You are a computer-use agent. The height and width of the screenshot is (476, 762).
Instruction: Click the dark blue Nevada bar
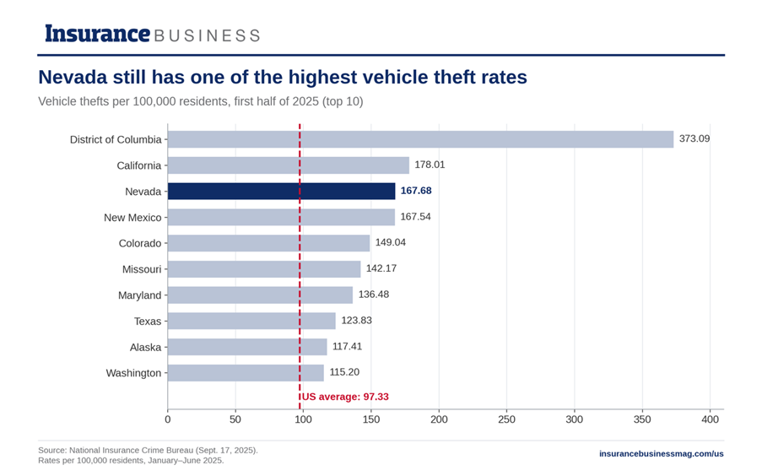point(281,191)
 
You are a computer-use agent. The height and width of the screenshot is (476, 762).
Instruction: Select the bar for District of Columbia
point(421,139)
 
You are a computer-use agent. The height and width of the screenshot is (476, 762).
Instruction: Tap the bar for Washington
point(246,373)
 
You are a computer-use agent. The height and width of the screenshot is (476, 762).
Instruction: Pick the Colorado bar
point(268,243)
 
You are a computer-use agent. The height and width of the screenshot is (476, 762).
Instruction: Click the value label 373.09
point(694,138)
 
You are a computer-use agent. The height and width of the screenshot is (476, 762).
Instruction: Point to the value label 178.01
point(430,165)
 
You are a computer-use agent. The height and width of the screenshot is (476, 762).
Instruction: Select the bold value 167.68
point(416,191)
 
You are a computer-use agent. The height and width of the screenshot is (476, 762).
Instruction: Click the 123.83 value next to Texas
point(356,321)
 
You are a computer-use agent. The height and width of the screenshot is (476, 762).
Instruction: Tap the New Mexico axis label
point(132,218)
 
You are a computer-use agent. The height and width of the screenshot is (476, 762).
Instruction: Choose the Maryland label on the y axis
point(139,295)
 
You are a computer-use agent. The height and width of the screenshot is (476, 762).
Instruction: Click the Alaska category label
point(145,347)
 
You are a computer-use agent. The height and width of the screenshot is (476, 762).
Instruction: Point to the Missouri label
point(142,269)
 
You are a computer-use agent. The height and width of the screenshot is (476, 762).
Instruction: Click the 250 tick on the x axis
point(506,419)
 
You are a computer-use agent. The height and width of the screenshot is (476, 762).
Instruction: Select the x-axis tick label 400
point(710,419)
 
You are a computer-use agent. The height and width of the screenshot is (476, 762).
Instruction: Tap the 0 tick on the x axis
point(168,419)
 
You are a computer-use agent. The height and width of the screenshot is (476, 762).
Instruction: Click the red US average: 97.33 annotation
point(345,397)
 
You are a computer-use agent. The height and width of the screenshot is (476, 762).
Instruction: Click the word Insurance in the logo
point(98,34)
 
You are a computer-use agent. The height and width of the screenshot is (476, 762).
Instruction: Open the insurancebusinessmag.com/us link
point(662,453)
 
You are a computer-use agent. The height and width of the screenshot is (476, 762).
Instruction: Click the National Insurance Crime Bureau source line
point(149,450)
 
